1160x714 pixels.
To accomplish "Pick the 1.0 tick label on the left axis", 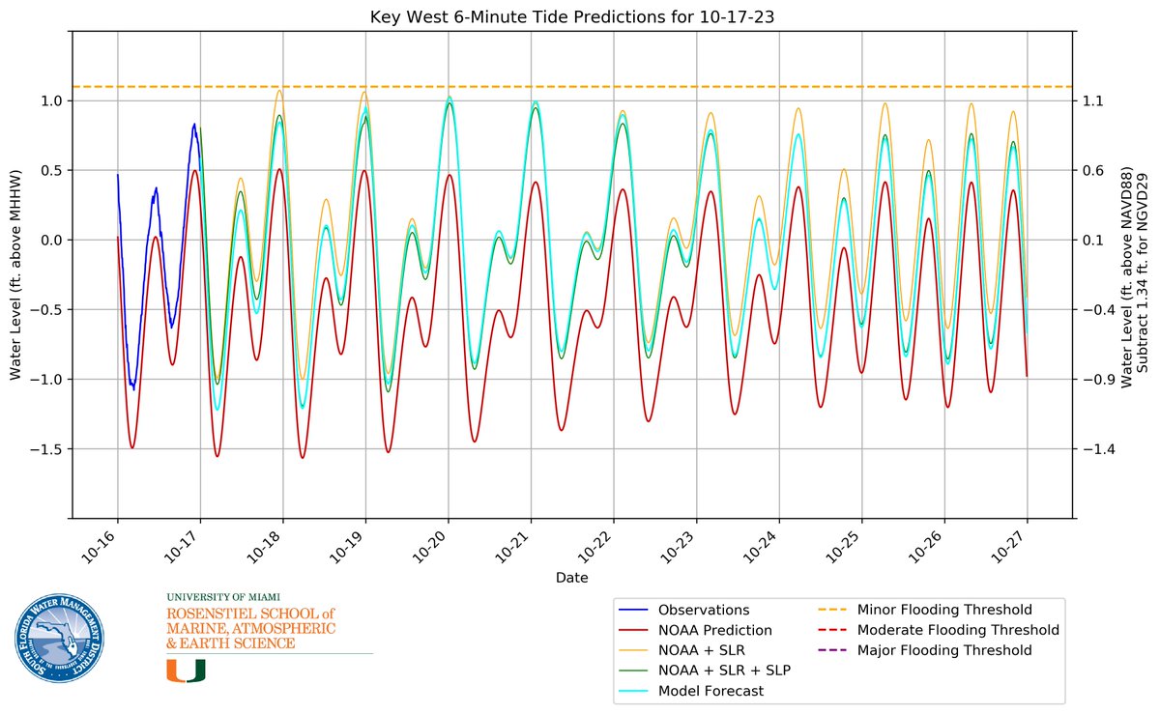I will point(52,100).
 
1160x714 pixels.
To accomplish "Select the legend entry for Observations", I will point(703,610).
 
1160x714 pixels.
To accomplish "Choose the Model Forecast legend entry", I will point(710,691).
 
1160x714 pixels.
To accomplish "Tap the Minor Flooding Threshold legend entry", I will point(943,610).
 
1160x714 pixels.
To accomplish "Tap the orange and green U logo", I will point(186,671).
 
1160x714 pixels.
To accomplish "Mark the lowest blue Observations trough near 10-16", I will point(133,388).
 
